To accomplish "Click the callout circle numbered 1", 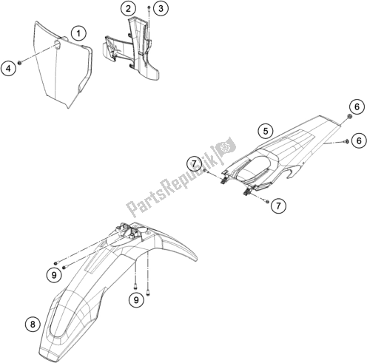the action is coord(78,33).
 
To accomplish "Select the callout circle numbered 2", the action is coord(128,9).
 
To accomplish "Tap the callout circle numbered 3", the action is coord(161,9).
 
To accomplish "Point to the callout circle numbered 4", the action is coord(8,68).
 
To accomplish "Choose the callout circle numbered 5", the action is coord(265,131).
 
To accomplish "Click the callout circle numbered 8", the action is coord(33,324).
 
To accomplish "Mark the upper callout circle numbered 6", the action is coord(357,106).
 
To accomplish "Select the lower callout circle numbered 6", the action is coord(359,140).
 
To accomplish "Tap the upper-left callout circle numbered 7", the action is coord(194,163).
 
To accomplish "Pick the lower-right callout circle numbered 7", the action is coord(278,206).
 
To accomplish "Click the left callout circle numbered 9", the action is coord(54,275).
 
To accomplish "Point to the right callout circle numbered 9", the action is coord(136,299).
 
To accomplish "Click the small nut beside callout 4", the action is coord(20,63).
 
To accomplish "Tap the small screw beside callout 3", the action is coord(149,9).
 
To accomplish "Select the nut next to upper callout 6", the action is coord(349,117).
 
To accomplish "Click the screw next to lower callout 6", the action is coord(346,141).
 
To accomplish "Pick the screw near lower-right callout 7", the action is coord(266,201).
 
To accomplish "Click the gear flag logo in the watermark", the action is coord(226,147).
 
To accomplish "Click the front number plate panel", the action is coord(63,65).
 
